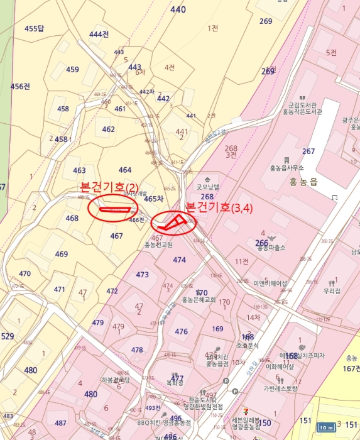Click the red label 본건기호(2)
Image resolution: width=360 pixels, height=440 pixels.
tap(109, 187)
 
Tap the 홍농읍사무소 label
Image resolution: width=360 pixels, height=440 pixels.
tap(286, 168)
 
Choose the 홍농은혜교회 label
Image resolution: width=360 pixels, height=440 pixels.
tap(199, 300)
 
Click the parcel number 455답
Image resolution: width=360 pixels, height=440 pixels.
tap(35, 28)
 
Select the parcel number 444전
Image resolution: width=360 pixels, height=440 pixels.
tap(99, 34)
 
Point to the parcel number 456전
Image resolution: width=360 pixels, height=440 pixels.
tap(20, 86)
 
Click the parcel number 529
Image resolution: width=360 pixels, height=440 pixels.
tap(7, 336)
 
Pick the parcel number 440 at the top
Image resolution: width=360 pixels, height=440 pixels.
tap(178, 9)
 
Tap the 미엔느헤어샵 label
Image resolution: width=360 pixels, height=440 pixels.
tap(270, 283)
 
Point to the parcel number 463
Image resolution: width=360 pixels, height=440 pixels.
tap(79, 170)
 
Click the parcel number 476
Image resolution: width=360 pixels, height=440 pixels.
tap(182, 331)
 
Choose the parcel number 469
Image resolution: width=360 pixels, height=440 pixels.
tap(61, 254)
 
